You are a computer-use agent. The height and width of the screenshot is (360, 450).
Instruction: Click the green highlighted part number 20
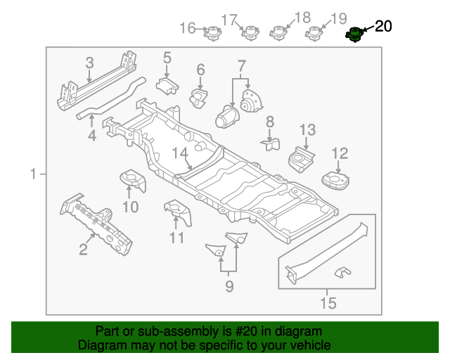click(355, 34)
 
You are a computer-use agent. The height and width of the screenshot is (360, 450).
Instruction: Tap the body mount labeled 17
click(247, 33)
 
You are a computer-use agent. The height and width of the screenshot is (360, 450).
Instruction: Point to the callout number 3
click(89, 64)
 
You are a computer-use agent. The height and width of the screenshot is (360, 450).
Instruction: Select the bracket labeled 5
click(167, 86)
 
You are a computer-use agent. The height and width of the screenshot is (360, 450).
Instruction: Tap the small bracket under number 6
click(200, 97)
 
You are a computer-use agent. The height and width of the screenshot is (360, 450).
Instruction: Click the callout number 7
click(241, 67)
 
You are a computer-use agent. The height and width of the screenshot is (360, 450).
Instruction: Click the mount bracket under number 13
click(303, 158)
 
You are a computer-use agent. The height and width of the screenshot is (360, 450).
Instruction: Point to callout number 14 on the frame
click(180, 153)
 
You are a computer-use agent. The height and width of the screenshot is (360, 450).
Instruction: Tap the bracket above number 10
click(131, 179)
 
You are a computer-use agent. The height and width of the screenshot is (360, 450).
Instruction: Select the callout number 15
click(328, 304)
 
